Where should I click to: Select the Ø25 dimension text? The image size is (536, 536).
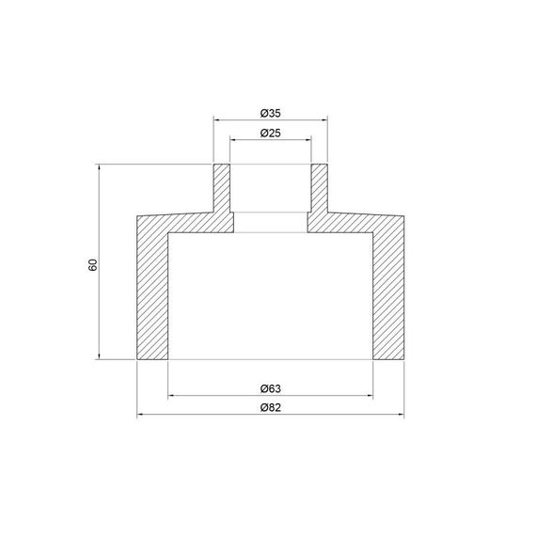(x=270, y=133)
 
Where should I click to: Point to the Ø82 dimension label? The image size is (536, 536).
(x=270, y=408)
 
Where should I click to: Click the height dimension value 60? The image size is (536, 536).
(x=92, y=264)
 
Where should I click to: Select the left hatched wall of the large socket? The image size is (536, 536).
(x=152, y=292)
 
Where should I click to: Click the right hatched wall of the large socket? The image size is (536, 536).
(x=387, y=292)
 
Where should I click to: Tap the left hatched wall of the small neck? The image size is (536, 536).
(x=222, y=193)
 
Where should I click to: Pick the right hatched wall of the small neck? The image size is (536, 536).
(x=319, y=193)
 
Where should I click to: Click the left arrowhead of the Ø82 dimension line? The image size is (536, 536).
(x=141, y=415)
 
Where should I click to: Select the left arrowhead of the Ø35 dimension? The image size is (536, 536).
(x=217, y=120)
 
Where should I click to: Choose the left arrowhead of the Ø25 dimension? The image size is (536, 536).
(x=234, y=140)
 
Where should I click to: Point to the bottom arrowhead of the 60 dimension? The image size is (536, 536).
(x=100, y=355)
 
